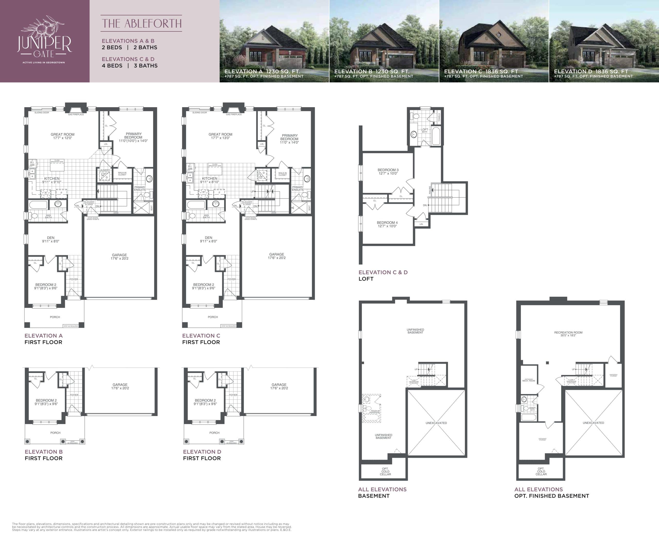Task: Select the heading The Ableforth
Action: coord(141,23)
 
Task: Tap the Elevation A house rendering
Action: coord(274,41)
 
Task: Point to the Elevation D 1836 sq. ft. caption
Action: coord(591,72)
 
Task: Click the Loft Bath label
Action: coord(424,130)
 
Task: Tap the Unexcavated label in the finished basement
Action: coord(593,423)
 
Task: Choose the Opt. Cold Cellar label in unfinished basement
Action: coord(385,471)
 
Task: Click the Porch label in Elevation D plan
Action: coord(214,433)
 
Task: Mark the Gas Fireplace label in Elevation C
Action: coord(234,114)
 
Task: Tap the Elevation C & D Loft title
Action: coord(383,275)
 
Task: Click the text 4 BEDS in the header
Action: coord(112,66)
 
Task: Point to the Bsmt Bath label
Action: coord(532,409)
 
